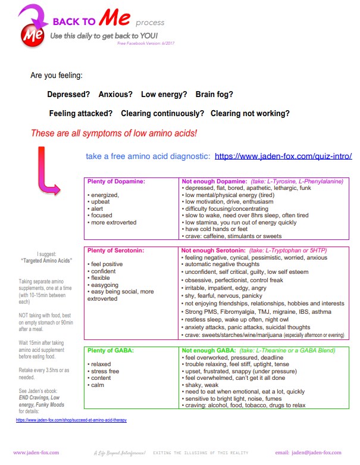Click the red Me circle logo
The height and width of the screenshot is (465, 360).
30,35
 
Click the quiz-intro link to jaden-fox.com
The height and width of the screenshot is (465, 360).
283,157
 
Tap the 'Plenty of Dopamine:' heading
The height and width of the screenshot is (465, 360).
117,182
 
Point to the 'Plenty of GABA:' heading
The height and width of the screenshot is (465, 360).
112,351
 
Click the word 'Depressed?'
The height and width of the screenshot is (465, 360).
68,95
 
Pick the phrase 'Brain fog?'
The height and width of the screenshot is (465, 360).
214,95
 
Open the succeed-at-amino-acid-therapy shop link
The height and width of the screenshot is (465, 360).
71,420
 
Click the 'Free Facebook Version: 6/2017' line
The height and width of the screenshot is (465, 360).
146,43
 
